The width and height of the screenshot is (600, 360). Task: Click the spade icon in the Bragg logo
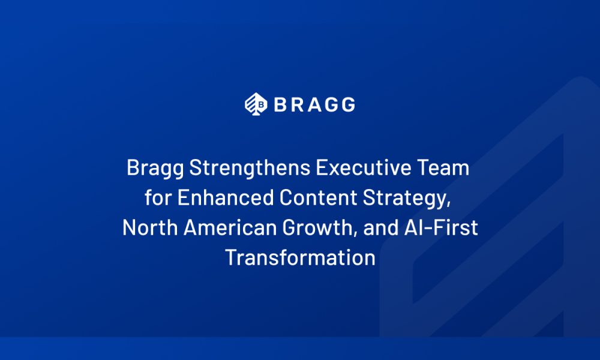point(256,104)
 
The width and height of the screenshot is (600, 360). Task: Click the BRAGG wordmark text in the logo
point(314,104)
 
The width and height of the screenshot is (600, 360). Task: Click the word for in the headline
point(158,198)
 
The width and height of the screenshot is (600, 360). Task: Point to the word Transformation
point(300,258)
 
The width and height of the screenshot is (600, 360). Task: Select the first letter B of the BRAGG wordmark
point(281,104)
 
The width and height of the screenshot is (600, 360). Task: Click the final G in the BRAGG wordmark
point(347,104)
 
